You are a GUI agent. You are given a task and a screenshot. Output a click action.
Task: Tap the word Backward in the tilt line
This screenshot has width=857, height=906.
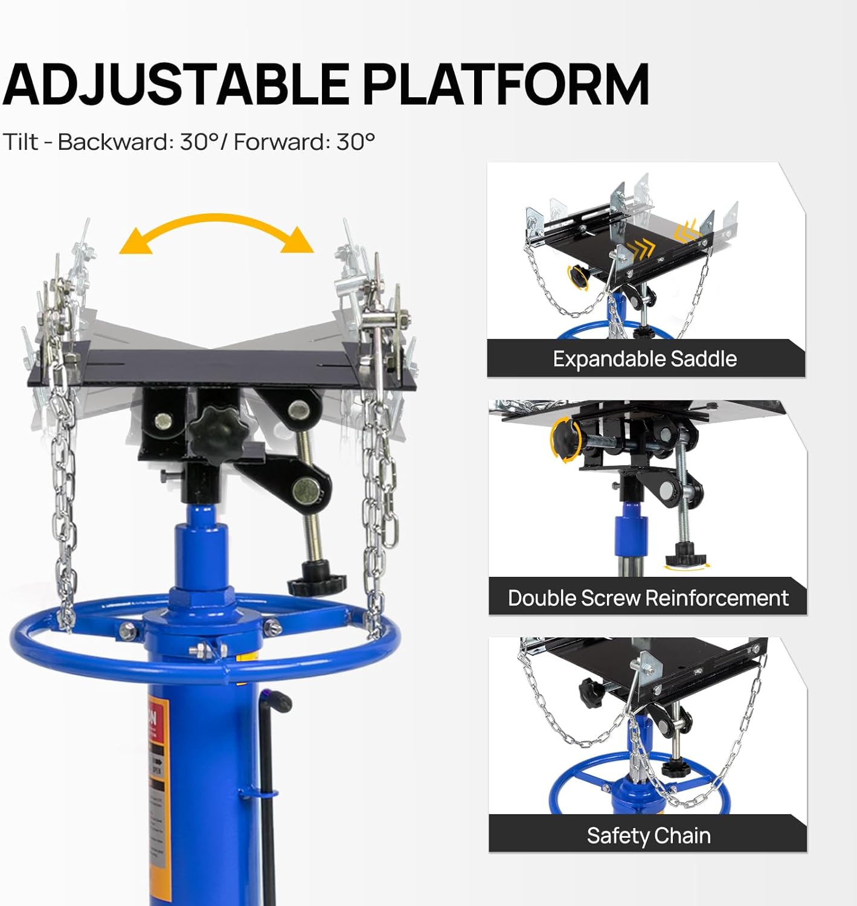115,142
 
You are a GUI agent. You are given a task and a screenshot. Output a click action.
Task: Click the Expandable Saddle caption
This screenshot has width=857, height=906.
644,359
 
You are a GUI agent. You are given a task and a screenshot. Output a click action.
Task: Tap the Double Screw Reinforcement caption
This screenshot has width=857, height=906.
647,597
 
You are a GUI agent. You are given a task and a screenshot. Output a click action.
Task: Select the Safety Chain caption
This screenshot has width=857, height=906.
648,835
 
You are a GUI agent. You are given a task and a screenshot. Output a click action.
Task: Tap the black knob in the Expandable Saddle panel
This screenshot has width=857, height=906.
579,277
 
